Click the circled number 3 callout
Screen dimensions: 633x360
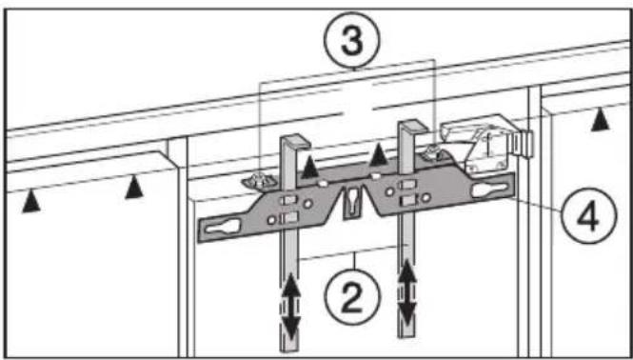352,40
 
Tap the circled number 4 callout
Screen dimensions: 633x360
589,215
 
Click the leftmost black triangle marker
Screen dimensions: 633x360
31,201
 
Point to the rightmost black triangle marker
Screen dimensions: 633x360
601,119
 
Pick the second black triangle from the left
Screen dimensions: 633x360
134,187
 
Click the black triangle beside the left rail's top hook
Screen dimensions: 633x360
310,167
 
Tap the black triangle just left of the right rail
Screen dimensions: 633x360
379,155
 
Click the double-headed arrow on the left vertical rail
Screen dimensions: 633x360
291,307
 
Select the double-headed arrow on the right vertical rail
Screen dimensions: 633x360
407,292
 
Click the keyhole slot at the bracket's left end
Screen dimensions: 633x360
221,227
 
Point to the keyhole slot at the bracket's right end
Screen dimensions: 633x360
489,190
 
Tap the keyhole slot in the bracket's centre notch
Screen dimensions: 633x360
350,203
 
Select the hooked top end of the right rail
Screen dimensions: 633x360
412,127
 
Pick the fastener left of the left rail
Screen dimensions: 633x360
259,181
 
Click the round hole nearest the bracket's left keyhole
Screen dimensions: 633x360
271,220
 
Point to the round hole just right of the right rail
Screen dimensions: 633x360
425,197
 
